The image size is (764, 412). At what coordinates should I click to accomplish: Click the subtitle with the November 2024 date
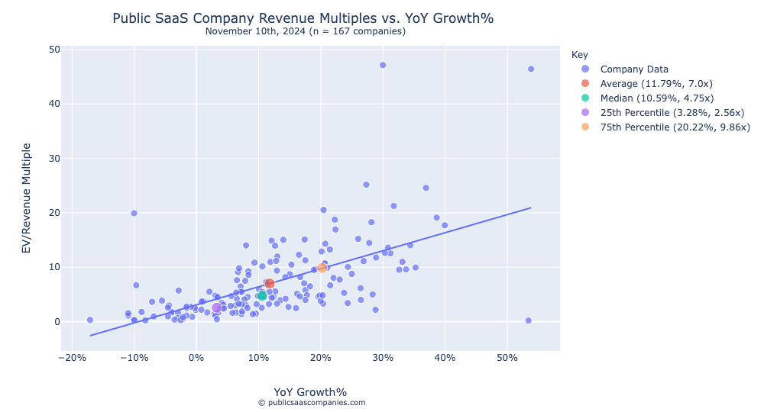306,31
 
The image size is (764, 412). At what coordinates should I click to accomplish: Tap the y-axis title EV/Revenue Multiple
26,198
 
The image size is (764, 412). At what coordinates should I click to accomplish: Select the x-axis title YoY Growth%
310,391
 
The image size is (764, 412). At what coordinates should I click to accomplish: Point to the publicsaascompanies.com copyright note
311,403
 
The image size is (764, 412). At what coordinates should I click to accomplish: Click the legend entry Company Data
634,69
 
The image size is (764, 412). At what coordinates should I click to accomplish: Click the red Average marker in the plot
270,284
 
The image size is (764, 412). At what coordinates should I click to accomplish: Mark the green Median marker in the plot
262,295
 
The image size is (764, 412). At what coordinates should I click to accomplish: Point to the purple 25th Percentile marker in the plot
217,307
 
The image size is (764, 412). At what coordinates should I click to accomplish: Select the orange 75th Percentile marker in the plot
322,268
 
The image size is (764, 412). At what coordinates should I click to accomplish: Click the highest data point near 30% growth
383,65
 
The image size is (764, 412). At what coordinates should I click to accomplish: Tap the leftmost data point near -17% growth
90,320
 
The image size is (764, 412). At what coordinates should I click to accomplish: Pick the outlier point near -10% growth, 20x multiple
134,213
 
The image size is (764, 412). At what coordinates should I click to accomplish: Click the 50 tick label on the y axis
54,49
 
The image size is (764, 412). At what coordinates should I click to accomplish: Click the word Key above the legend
579,55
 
